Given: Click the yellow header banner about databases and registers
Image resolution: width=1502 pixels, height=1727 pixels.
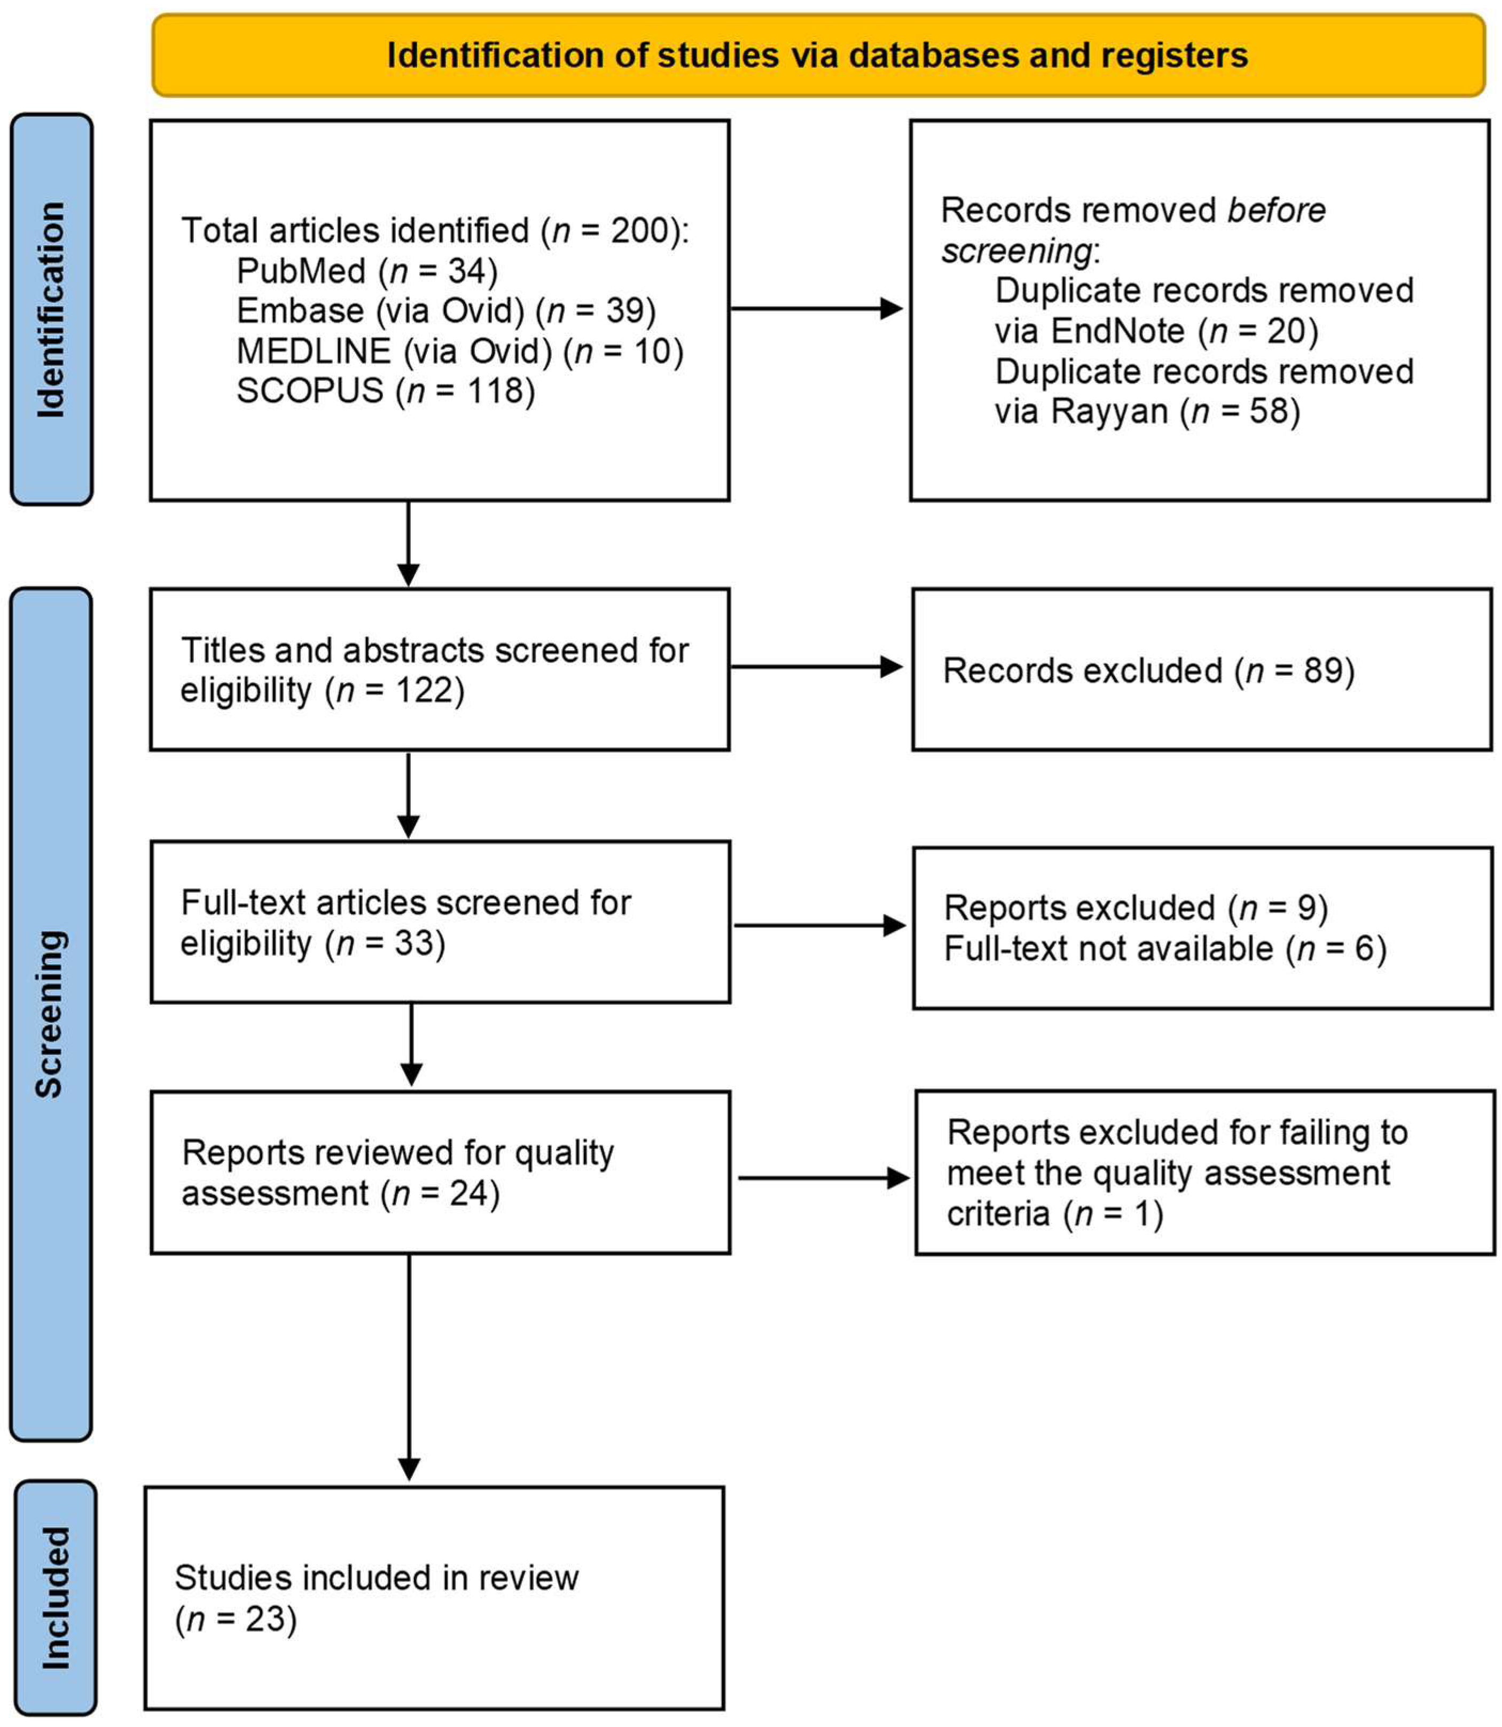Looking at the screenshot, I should [x=817, y=56].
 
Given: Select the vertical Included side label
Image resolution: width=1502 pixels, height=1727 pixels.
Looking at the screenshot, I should [x=56, y=1597].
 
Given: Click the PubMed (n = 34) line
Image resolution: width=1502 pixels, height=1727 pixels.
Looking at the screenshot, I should [x=367, y=271].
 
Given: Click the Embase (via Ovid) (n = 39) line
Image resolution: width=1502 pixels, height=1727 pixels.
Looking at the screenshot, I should [x=446, y=311].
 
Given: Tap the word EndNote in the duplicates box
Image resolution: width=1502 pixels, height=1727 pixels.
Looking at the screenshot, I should [x=1117, y=331].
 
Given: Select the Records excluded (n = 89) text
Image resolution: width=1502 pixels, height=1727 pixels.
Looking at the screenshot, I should [x=1148, y=671].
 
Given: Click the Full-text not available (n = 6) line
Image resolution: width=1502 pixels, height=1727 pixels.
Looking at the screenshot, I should [x=1165, y=949].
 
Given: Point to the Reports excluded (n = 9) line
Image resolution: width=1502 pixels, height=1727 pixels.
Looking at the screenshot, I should [x=1136, y=908].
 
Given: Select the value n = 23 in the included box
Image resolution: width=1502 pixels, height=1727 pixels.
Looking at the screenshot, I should [x=237, y=1619].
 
